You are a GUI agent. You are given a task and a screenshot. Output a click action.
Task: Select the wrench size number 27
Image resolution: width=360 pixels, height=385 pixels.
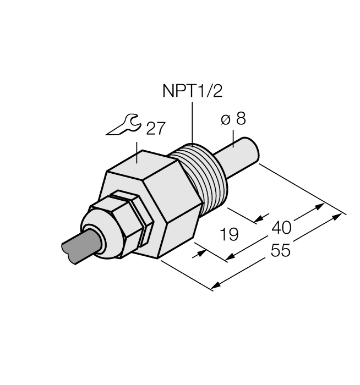(x=155, y=128)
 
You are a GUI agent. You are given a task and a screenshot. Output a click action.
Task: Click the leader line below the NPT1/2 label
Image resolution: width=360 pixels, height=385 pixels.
(x=192, y=124)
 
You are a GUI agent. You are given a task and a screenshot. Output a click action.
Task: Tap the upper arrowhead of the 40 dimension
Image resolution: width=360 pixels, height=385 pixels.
(x=320, y=207)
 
